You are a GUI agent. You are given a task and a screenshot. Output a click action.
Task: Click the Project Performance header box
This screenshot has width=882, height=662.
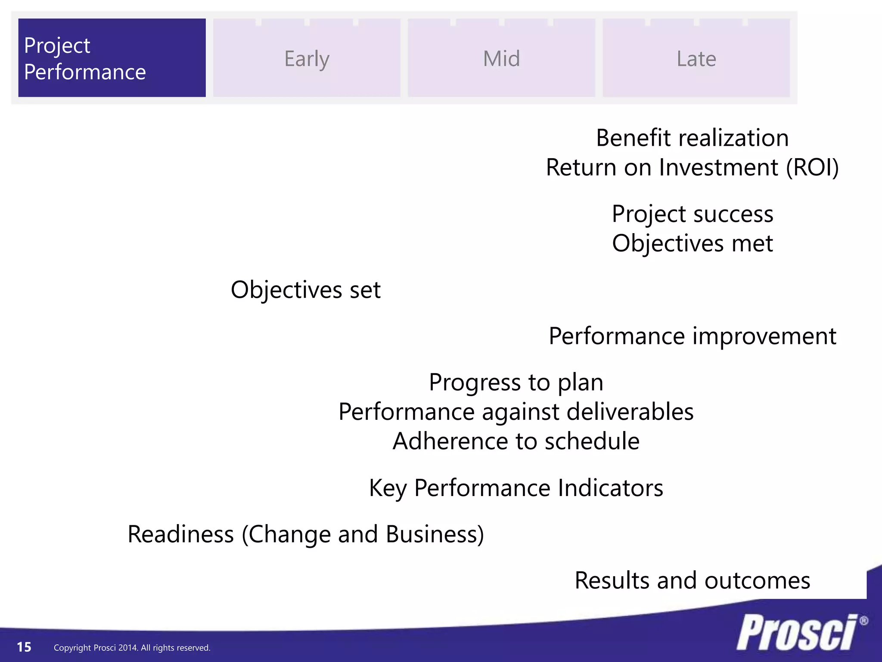pyautogui.click(x=112, y=58)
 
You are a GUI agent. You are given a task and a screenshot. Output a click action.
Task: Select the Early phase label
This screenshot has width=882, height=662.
pyautogui.click(x=307, y=59)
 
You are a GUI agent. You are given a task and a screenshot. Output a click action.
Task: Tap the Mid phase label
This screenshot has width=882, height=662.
pyautogui.click(x=501, y=59)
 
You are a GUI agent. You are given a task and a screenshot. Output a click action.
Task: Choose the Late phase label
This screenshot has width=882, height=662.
pyautogui.click(x=696, y=59)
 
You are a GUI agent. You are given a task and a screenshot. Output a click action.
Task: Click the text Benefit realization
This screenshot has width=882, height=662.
pyautogui.click(x=692, y=138)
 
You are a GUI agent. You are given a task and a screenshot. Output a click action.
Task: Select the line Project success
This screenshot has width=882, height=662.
pyautogui.click(x=692, y=214)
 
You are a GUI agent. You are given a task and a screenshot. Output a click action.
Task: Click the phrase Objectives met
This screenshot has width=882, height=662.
pyautogui.click(x=692, y=244)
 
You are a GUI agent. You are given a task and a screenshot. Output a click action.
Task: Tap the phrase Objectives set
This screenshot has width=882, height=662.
pyautogui.click(x=305, y=290)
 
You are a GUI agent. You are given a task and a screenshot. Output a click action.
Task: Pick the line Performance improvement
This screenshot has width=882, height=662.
pyautogui.click(x=692, y=336)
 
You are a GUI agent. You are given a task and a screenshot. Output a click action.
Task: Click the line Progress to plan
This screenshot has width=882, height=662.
pyautogui.click(x=516, y=382)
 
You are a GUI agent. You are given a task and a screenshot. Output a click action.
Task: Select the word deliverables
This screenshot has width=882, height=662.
pyautogui.click(x=630, y=412)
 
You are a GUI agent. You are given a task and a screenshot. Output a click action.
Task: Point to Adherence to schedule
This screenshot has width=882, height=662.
pyautogui.click(x=516, y=441)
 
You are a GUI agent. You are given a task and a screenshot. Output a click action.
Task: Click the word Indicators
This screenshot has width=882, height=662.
pyautogui.click(x=610, y=488)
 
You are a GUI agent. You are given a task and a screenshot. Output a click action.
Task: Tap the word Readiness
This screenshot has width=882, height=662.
pyautogui.click(x=181, y=534)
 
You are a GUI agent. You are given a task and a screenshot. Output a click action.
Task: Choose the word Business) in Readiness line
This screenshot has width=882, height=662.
pyautogui.click(x=435, y=534)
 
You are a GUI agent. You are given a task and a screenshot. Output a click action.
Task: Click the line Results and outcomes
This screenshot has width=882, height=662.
pyautogui.click(x=692, y=581)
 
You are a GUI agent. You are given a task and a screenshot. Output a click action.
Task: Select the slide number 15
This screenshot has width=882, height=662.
pyautogui.click(x=24, y=647)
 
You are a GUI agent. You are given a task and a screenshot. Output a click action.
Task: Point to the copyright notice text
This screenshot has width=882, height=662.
pyautogui.click(x=132, y=648)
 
